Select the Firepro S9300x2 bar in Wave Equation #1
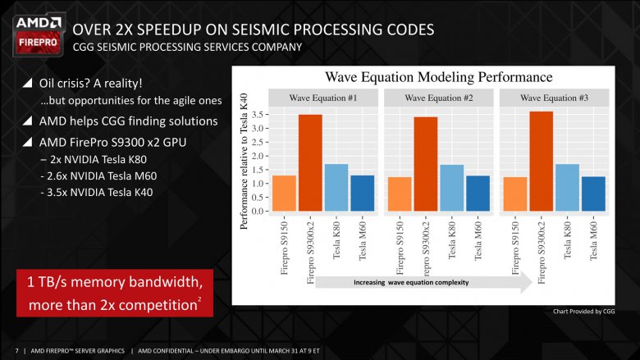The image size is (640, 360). coord(309,162)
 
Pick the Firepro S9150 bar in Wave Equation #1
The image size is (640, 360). coord(283,193)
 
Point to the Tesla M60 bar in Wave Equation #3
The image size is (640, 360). coord(592,194)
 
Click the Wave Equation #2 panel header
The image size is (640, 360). coord(439,98)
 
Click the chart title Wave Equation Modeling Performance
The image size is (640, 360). coord(439,77)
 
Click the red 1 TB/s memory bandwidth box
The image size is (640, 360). coord(115,294)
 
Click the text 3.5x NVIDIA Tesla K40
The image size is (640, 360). coord(97,193)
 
